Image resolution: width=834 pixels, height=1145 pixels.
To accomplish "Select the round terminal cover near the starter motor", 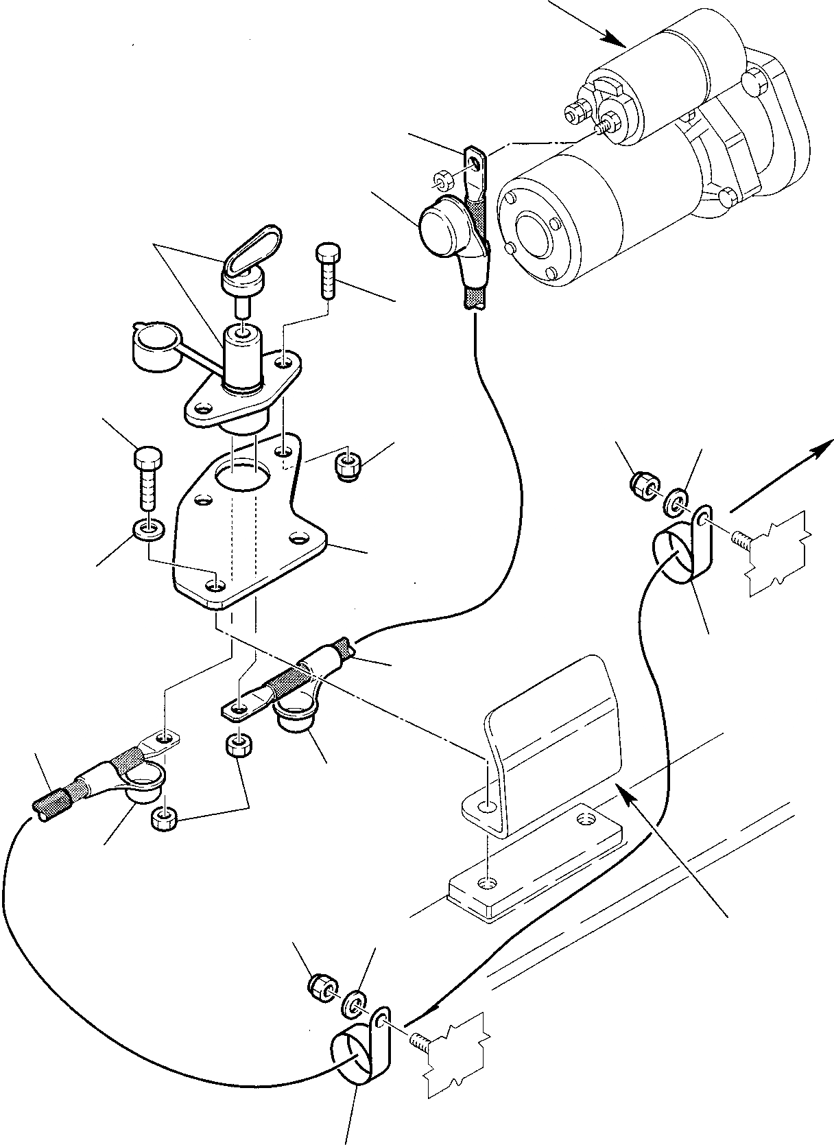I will pyautogui.click(x=440, y=224).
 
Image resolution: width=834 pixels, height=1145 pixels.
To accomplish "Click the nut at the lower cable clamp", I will pyautogui.click(x=319, y=985).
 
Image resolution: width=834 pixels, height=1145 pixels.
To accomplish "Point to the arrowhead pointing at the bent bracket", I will pyautogui.click(x=625, y=789).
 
